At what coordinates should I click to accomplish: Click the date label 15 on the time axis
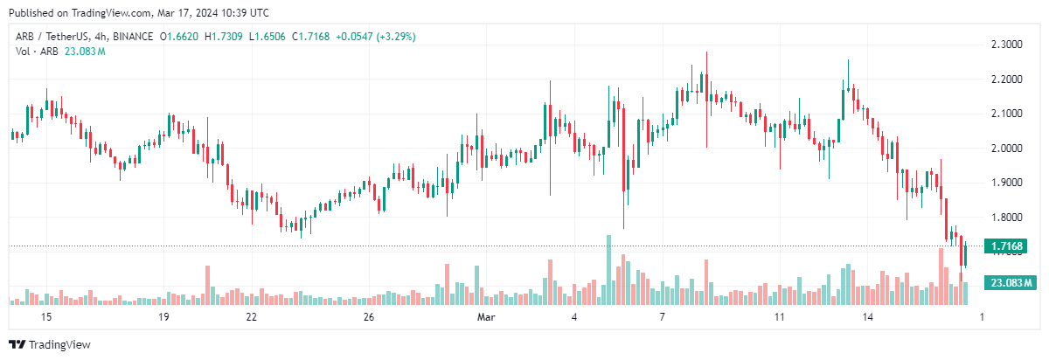coord(46,316)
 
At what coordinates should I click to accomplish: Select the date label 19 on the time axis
coord(163,316)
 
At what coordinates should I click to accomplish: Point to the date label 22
coord(252,316)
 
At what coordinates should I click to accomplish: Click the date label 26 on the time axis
coord(369,316)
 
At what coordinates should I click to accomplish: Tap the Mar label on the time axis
coord(485,316)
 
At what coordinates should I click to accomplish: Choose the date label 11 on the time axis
coord(780,316)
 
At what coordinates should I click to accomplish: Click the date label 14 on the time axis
coord(867,316)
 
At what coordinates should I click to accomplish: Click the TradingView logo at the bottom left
coord(50,344)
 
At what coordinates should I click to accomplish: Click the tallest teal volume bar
coord(608,270)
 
